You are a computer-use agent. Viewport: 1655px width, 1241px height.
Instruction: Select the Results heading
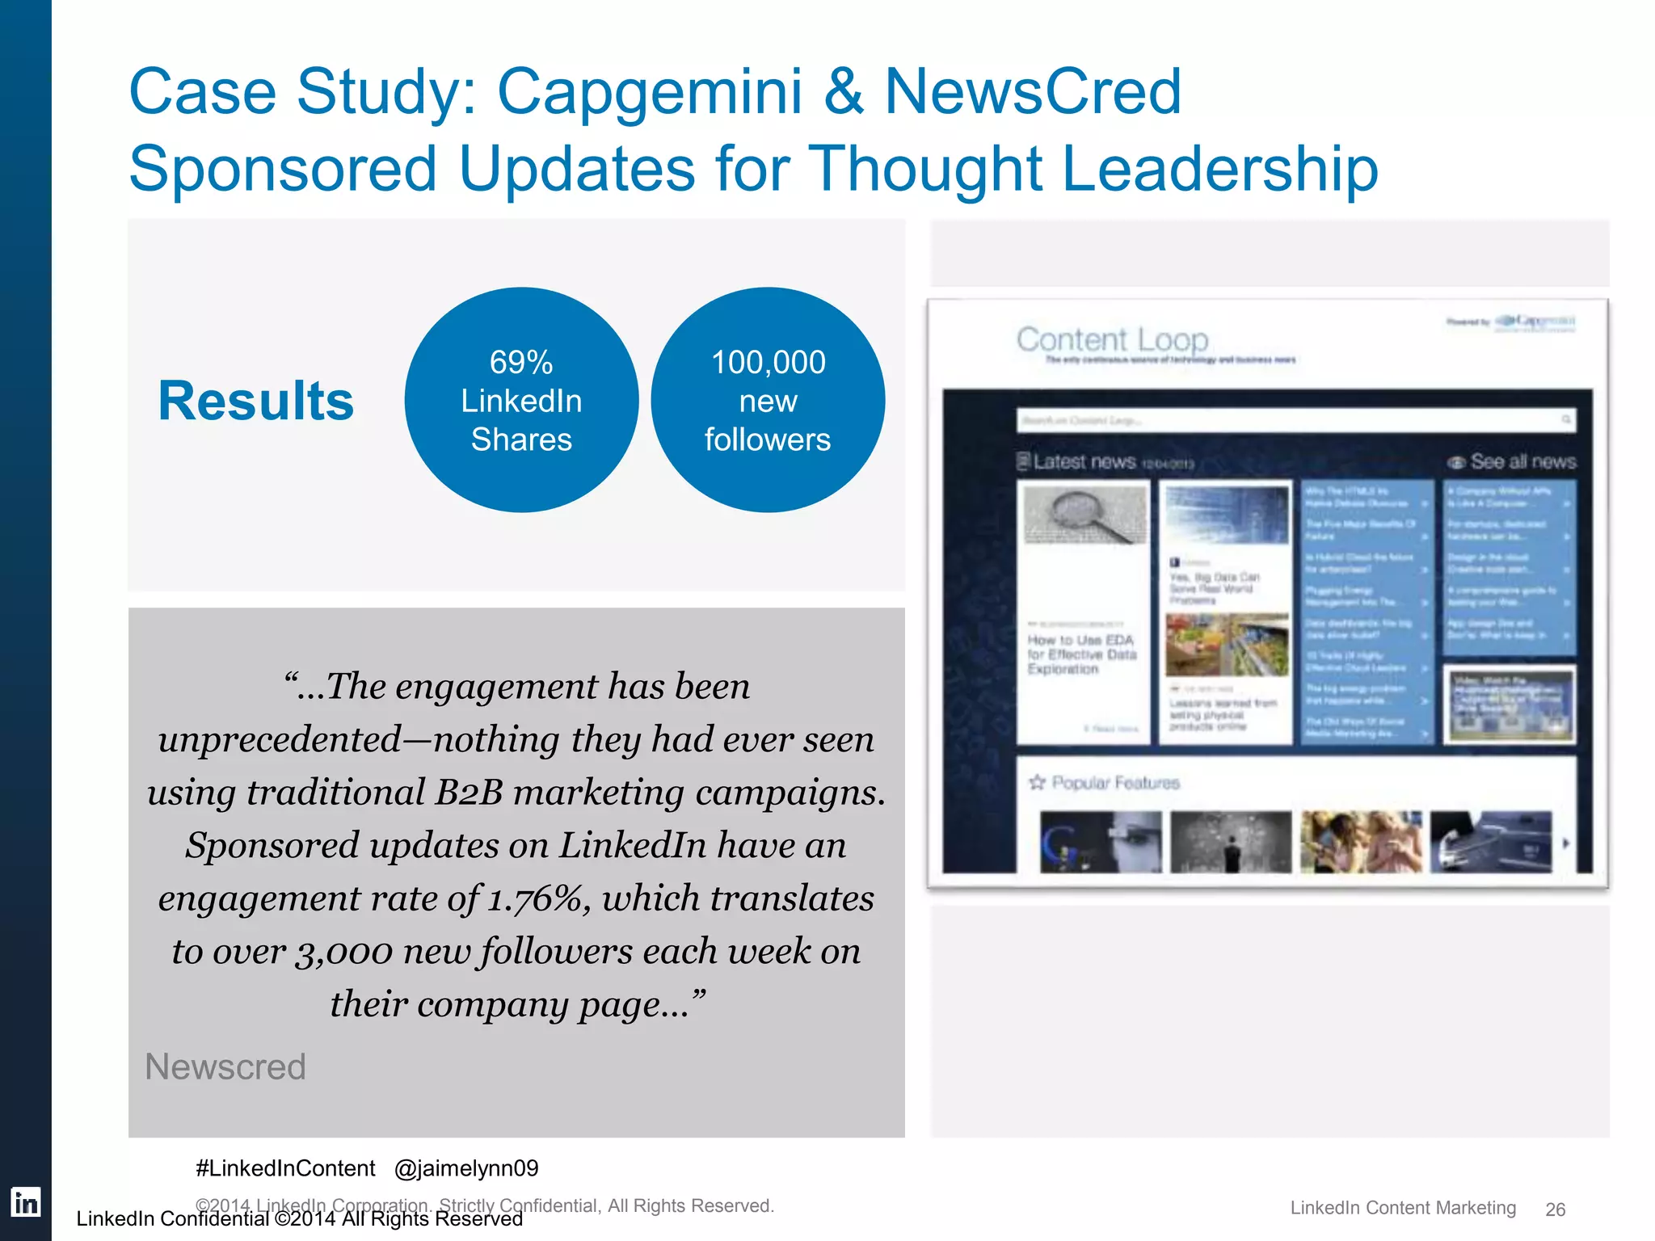(255, 401)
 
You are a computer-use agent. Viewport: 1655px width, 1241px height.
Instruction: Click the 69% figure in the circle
(521, 362)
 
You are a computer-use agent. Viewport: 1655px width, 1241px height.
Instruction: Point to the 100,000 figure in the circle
(768, 362)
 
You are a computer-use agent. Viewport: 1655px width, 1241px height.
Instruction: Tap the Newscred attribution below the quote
(225, 1066)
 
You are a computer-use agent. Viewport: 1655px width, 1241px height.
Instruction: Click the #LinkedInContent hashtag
(285, 1168)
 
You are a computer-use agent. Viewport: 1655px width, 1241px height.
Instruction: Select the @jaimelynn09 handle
(466, 1168)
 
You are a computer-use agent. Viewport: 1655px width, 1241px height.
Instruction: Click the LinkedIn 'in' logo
(25, 1202)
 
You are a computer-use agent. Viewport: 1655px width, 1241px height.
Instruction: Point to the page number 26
(1555, 1209)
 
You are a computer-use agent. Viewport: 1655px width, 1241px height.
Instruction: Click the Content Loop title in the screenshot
(1112, 339)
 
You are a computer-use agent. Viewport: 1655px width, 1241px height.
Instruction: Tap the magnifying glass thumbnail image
(1084, 516)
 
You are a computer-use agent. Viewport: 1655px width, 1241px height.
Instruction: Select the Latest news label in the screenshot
(1084, 461)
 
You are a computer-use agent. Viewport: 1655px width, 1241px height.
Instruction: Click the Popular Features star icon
(1037, 782)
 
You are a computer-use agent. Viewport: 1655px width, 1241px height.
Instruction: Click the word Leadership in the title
(1219, 170)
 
